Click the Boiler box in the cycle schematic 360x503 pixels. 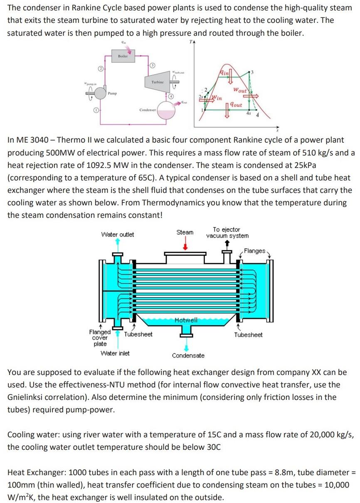[123, 56]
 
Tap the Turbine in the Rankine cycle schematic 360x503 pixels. [157, 82]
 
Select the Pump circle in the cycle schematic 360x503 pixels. [101, 94]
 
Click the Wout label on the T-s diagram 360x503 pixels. [240, 90]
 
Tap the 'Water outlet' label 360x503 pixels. [118, 234]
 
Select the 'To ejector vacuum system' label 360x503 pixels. [227, 232]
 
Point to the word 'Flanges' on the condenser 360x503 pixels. [254, 251]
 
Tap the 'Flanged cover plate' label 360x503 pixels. [100, 338]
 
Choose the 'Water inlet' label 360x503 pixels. [115, 353]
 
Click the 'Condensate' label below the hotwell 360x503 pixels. [188, 355]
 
